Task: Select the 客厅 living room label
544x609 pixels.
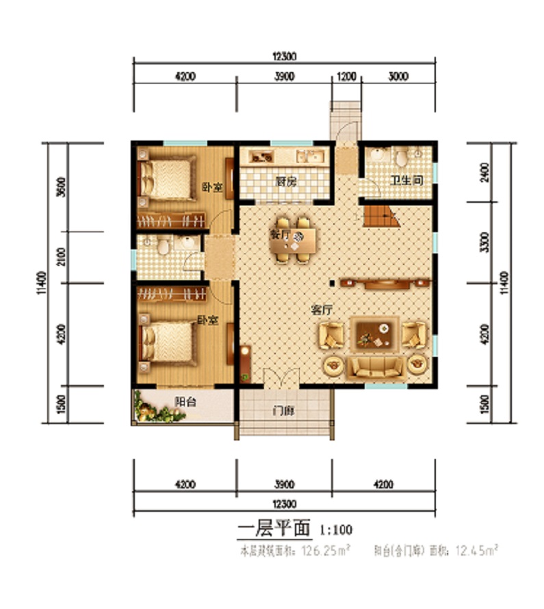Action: [x=322, y=310]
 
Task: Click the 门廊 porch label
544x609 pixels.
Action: [x=283, y=412]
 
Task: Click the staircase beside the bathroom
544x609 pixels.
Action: [x=380, y=217]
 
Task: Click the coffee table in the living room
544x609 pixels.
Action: [x=374, y=334]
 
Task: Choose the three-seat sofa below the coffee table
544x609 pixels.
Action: [x=374, y=367]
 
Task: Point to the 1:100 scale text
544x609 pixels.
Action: [x=335, y=529]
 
